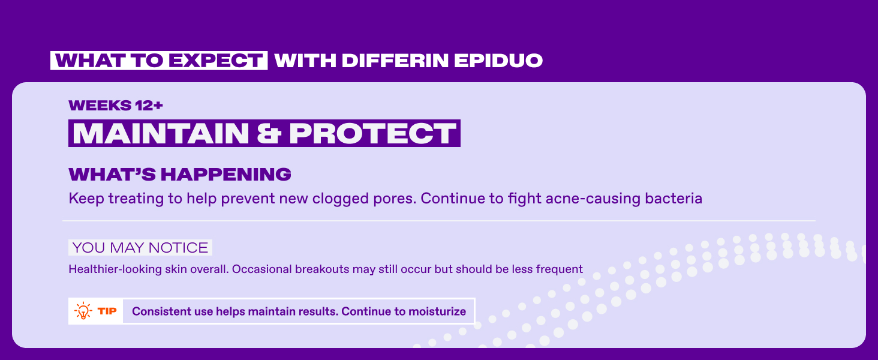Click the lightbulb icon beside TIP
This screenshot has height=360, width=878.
click(x=83, y=311)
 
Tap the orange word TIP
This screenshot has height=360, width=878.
click(x=107, y=311)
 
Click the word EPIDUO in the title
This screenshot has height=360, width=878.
click(x=498, y=61)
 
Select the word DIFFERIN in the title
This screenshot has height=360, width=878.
click(x=395, y=61)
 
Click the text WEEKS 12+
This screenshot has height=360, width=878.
click(x=116, y=106)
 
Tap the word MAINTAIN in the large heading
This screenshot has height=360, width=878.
click(x=161, y=133)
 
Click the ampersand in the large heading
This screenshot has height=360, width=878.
click(x=269, y=133)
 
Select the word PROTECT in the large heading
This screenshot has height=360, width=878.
click(x=372, y=133)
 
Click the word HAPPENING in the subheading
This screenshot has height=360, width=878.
click(x=225, y=174)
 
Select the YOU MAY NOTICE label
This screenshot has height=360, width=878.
click(x=140, y=248)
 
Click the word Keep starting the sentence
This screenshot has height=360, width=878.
click(x=86, y=199)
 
